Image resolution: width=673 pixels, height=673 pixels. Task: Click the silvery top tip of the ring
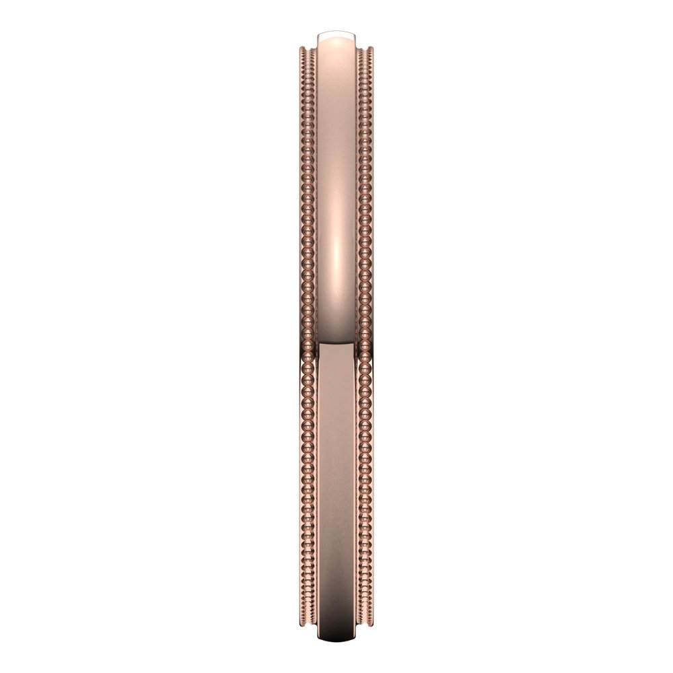(337, 32)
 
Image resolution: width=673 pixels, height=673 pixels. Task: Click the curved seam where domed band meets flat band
(336, 344)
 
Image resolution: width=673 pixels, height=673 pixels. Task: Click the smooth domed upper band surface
(336, 135)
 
